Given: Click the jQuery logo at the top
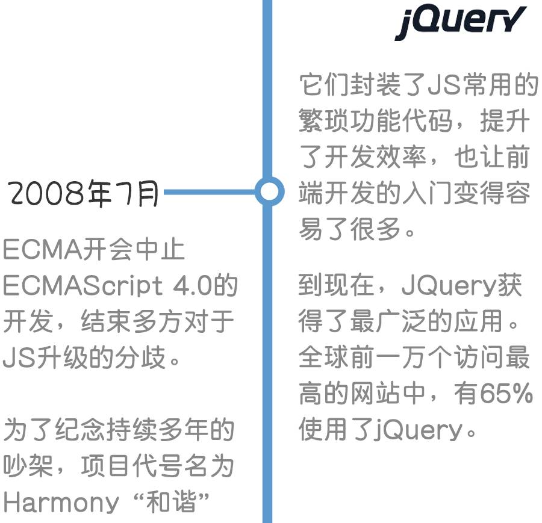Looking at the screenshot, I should pyautogui.click(x=460, y=23).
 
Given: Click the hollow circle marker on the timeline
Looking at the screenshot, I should pyautogui.click(x=269, y=192).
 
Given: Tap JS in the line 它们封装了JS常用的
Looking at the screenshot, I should pyautogui.click(x=444, y=86).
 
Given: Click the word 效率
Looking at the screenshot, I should pyautogui.click(x=400, y=158).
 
